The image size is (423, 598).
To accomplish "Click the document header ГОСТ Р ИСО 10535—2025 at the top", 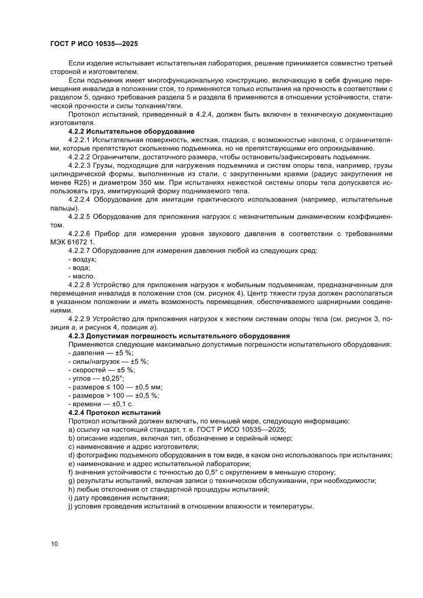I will click(94, 44).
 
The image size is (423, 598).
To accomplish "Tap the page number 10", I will click(54, 544).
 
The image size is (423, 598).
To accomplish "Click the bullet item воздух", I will click(84, 259).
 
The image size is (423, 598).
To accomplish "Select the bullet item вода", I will click(81, 268).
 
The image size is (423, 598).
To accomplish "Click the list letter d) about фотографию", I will click(71, 455).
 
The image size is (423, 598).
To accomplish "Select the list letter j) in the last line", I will click(70, 506).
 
